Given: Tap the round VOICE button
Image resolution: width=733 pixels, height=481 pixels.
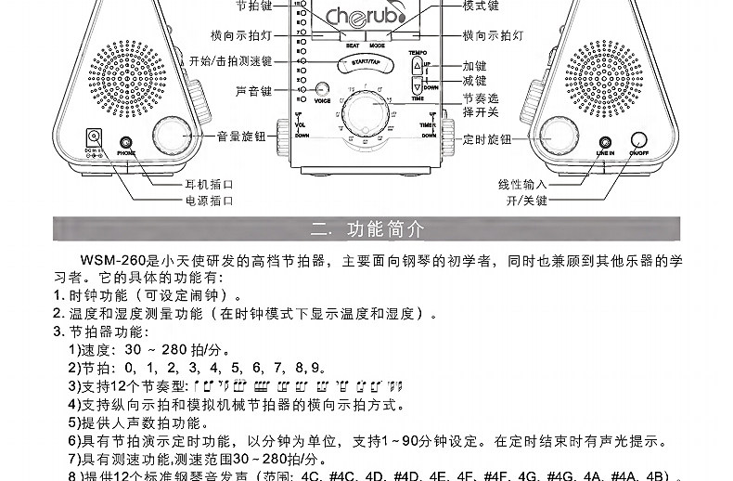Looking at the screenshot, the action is (323, 88).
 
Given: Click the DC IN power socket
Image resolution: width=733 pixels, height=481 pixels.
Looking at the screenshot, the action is (93, 136).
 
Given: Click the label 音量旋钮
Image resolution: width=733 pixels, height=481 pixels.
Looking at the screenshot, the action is (241, 136).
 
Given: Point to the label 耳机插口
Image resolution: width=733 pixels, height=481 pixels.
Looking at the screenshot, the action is (208, 185).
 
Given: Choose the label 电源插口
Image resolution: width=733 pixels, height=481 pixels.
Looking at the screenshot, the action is (208, 200).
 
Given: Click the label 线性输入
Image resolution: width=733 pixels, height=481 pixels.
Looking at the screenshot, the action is (522, 185).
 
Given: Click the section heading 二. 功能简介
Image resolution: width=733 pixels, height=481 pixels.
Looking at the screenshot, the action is (366, 228).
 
